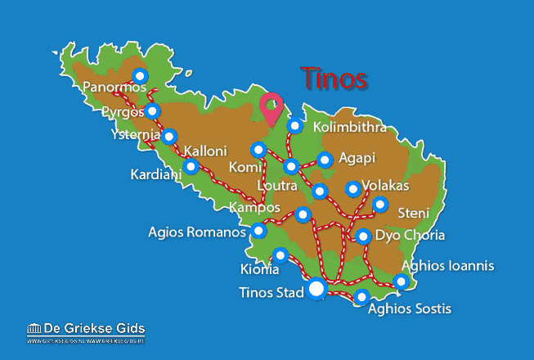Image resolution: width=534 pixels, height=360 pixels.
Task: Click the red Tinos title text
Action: tap(334, 79)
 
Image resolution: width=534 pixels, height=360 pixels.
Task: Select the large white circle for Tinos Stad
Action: tap(316, 290)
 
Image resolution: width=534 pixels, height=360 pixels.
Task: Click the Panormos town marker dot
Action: tap(140, 76)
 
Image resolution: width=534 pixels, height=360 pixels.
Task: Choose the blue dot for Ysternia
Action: tap(168, 137)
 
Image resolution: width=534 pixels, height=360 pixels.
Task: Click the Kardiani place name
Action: tap(155, 174)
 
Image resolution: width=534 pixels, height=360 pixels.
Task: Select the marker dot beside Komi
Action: tap(258, 150)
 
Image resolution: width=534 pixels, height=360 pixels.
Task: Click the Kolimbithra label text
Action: tap(351, 128)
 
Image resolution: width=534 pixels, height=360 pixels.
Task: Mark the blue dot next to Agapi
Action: tap(325, 160)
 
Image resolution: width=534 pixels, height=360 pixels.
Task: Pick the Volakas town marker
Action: tap(352, 189)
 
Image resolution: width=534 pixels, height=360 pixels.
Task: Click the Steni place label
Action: tap(413, 214)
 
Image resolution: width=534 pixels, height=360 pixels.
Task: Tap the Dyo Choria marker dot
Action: tap(363, 237)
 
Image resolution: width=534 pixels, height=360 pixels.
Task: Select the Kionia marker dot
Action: tap(280, 256)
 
